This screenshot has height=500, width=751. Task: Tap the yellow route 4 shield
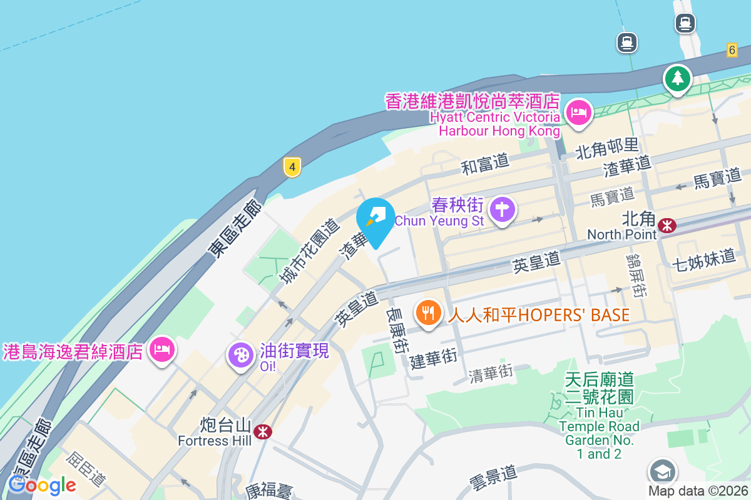292,167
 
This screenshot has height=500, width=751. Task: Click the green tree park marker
678,78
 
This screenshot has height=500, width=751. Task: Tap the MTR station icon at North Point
667,225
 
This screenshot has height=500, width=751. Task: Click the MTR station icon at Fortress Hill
263,431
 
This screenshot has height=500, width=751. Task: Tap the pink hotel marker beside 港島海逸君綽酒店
162,350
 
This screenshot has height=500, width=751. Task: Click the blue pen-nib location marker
375,219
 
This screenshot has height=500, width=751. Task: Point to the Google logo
42,484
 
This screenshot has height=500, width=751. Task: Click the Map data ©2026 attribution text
698,491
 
